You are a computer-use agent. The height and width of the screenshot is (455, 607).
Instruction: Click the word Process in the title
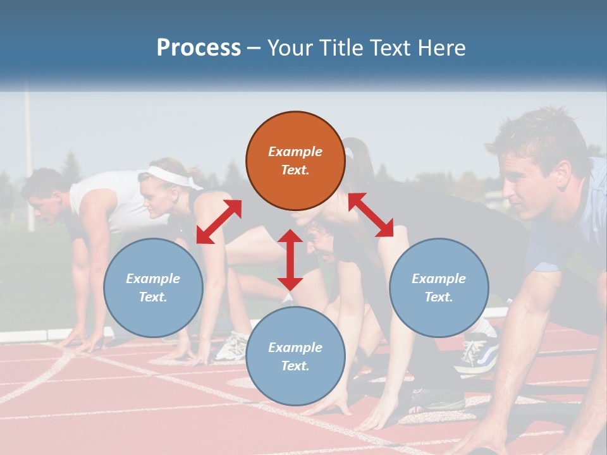pyautogui.click(x=199, y=47)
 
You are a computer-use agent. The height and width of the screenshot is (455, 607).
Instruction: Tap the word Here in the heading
pyautogui.click(x=437, y=47)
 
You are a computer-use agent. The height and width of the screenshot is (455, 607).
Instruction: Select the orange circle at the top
pyautogui.click(x=295, y=161)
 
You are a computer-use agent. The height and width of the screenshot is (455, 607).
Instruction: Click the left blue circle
pyautogui.click(x=153, y=288)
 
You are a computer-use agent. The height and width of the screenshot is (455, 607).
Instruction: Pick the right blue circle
pyautogui.click(x=438, y=288)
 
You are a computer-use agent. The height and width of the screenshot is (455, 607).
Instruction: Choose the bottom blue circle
pyautogui.click(x=295, y=356)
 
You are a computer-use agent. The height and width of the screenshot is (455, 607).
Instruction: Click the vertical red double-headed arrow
pyautogui.click(x=290, y=260)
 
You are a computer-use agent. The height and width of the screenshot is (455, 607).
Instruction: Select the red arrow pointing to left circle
pyautogui.click(x=219, y=221)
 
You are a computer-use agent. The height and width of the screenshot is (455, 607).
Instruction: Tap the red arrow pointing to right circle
pyautogui.click(x=371, y=215)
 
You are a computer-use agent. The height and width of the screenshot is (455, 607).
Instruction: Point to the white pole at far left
pyautogui.click(x=28, y=158)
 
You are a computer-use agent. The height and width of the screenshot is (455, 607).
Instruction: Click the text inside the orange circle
pyautogui.click(x=295, y=161)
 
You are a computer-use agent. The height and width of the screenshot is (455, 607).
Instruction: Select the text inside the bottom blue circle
pyautogui.click(x=295, y=356)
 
